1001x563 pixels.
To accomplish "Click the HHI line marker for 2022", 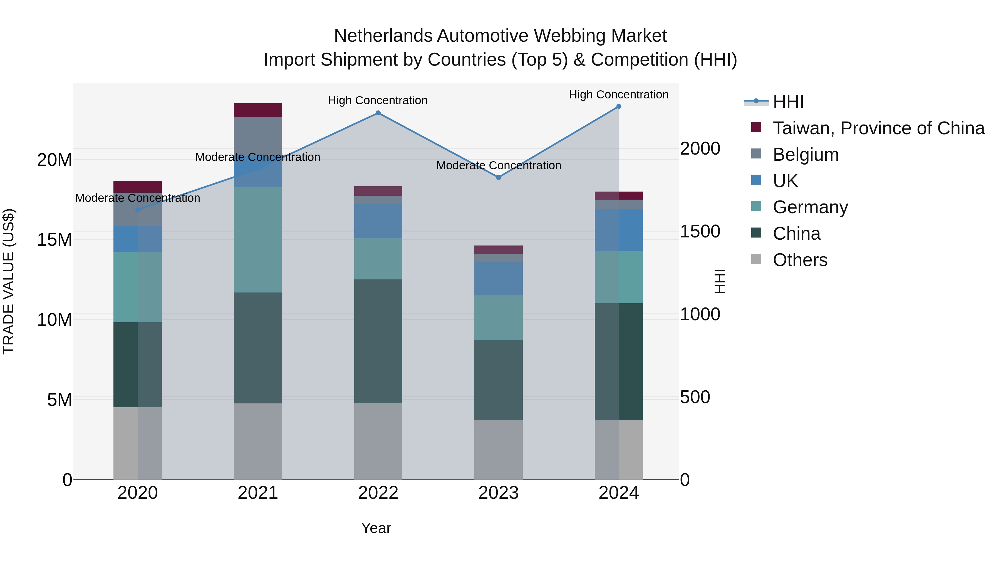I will [378, 113].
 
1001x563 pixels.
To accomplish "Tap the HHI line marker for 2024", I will [619, 106].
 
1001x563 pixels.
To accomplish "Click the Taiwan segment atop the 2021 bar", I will [258, 110].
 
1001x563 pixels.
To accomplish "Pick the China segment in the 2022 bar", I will [378, 341].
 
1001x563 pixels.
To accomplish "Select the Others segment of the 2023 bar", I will [499, 450].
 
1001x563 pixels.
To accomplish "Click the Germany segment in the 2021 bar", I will [258, 240].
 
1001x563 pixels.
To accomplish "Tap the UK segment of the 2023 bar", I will [499, 278].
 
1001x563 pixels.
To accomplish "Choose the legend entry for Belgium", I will [806, 155].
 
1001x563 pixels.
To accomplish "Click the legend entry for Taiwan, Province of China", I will [878, 128].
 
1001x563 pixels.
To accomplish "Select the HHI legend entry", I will [788, 102].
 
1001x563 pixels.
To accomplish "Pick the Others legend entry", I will [800, 260].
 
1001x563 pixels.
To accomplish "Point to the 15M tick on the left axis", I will [54, 240].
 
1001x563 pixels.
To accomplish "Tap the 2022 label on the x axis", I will [378, 493].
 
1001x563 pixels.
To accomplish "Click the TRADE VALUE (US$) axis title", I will [9, 281].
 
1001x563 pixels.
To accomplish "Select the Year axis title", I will [376, 528].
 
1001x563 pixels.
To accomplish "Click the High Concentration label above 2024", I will [619, 95].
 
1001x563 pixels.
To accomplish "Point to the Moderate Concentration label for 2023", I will [499, 165].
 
